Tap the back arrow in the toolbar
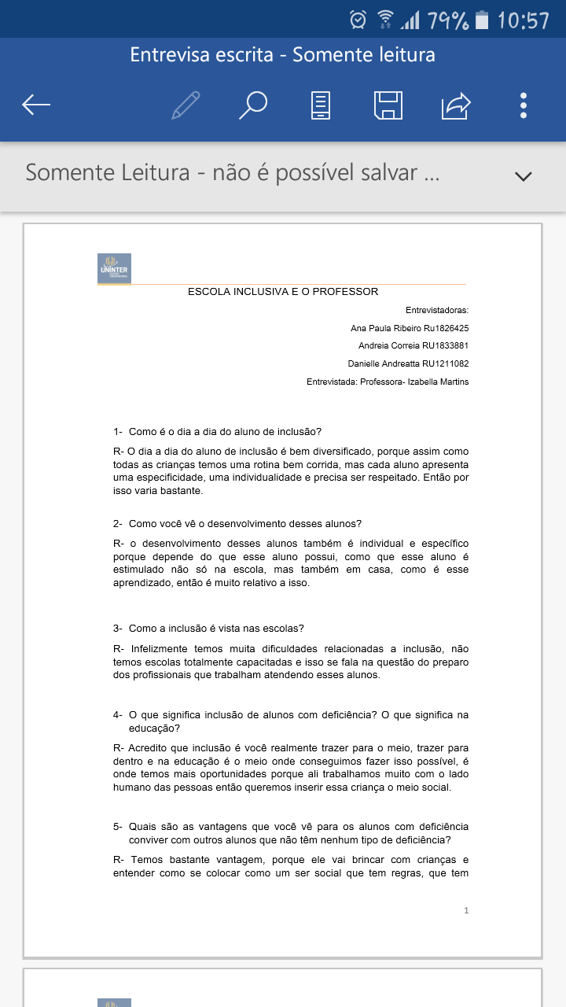point(36,105)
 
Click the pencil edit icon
point(186,105)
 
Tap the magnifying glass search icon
point(253,105)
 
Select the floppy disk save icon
point(388,105)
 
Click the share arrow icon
point(456,105)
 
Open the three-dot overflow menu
point(524,105)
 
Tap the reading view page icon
point(321,105)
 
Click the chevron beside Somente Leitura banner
point(523,176)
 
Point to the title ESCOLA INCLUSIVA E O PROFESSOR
point(283,292)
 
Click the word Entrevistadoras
point(437,311)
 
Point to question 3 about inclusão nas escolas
point(215,628)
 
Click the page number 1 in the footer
point(466,910)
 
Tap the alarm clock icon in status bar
point(358,19)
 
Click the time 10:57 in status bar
point(523,20)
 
